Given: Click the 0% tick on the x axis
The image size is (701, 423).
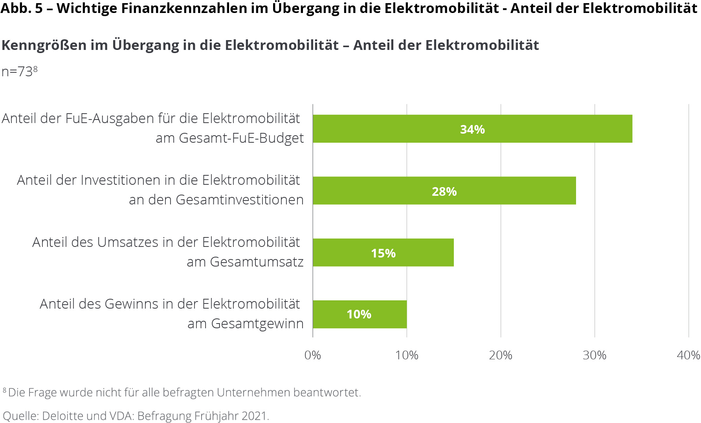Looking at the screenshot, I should tap(312, 355).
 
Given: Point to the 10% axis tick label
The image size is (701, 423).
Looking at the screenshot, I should tap(406, 355).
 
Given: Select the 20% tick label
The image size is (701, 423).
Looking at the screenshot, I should tap(500, 355).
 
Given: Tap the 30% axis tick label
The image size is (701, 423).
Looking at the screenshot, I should tap(594, 355).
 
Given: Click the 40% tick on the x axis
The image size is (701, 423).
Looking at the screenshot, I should tap(688, 355).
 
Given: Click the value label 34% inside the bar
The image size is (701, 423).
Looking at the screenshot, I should tap(472, 129).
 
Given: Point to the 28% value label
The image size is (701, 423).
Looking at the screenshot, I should tap(444, 191).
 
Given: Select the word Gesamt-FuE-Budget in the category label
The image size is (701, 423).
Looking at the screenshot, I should tap(241, 138).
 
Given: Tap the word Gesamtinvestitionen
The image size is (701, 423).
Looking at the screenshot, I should tap(239, 200).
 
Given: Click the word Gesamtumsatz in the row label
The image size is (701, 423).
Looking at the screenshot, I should tap(257, 262).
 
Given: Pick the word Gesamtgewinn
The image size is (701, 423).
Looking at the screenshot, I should tap(257, 324).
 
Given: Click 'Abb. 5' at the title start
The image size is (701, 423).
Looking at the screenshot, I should tap(22, 8).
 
